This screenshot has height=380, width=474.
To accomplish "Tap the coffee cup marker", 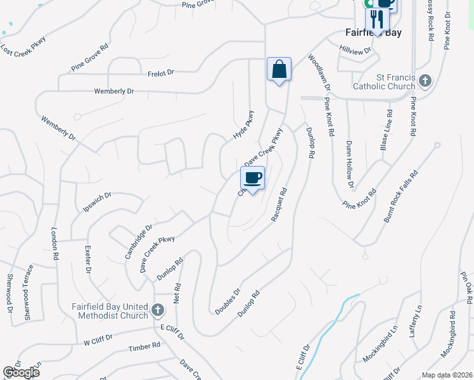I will (252, 177).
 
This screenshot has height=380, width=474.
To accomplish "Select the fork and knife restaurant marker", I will (378, 18).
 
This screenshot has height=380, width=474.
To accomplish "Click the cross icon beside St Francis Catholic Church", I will (425, 80).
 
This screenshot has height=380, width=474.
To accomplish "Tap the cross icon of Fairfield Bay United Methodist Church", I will (158, 312).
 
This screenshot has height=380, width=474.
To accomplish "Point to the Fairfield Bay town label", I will (374, 32).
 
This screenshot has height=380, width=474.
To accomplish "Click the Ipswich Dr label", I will (97, 202).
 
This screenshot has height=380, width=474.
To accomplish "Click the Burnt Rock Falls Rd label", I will (401, 196).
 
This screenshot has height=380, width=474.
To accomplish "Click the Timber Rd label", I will (144, 347).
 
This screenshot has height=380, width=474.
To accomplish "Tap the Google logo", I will (21, 372).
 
